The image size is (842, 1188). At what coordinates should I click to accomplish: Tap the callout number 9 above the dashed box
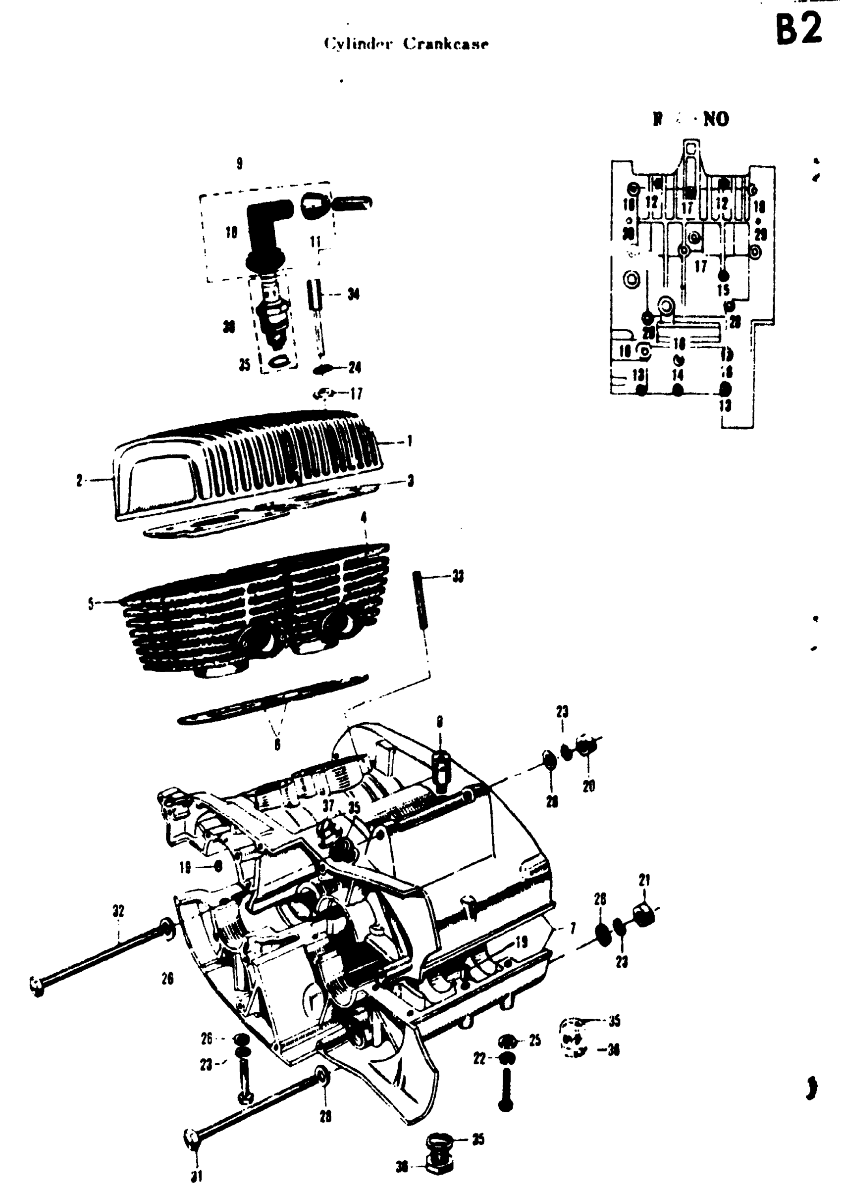[x=239, y=164]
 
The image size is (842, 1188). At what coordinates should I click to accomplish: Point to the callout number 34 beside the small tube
[x=354, y=295]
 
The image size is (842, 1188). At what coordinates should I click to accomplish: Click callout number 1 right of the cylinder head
[x=410, y=442]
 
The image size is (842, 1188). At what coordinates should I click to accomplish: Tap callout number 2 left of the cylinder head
[x=79, y=481]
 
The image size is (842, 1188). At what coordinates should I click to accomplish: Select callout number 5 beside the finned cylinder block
[x=91, y=603]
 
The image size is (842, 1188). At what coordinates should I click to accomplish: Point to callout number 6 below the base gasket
[x=277, y=744]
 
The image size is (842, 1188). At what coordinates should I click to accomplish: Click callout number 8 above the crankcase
[x=440, y=722]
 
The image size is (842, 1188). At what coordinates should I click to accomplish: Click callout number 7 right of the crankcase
[x=573, y=928]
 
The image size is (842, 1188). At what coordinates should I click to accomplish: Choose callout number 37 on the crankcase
[x=328, y=806]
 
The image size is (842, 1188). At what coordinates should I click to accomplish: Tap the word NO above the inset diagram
[x=716, y=120]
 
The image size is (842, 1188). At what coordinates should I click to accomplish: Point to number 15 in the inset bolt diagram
[x=723, y=290]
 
